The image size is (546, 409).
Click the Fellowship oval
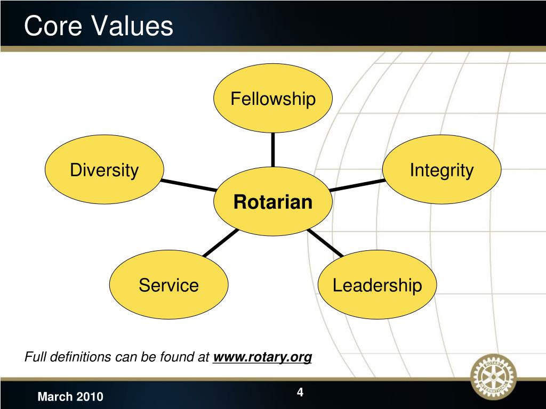coord(272,99)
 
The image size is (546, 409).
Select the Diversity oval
coord(105,170)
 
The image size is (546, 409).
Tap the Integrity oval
coord(441,170)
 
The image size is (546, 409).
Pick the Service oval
coord(168,285)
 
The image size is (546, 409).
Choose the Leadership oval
coord(377,285)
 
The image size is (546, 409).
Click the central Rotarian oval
coord(272,202)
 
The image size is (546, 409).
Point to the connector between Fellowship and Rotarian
coord(272,150)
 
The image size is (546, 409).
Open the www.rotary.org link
coord(262,357)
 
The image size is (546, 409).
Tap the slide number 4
coord(300,392)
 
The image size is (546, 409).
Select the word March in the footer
coord(54,397)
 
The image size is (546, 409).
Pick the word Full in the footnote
coord(35,357)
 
